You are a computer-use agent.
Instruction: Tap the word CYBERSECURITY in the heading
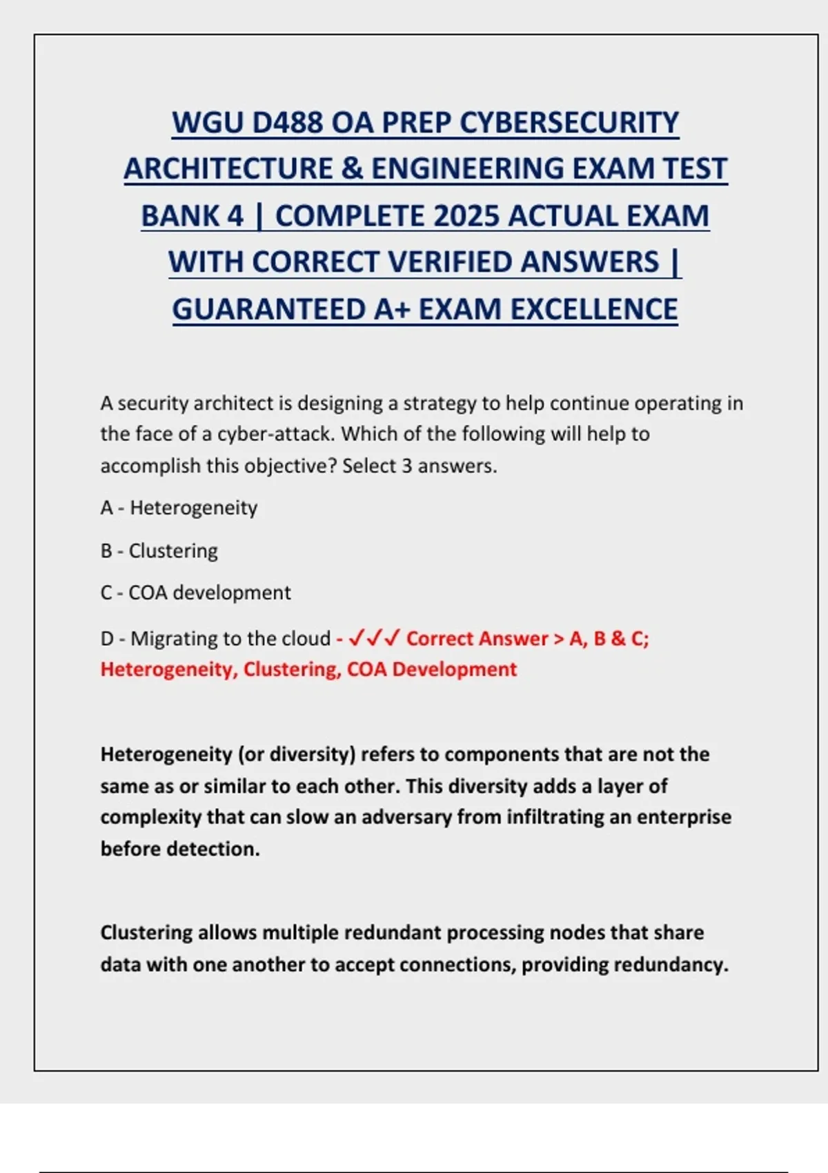[x=569, y=123]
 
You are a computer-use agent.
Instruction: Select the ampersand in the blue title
[x=352, y=169]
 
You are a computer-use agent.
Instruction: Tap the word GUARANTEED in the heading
[x=269, y=309]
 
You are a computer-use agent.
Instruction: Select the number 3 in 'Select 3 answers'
[x=406, y=466]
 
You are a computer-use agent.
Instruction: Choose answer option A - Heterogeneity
[x=179, y=508]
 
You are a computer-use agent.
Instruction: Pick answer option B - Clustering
[x=159, y=551]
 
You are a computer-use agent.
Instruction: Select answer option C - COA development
[x=195, y=593]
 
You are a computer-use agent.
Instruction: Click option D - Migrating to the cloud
[x=215, y=638]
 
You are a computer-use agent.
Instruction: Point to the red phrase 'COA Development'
[x=431, y=669]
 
